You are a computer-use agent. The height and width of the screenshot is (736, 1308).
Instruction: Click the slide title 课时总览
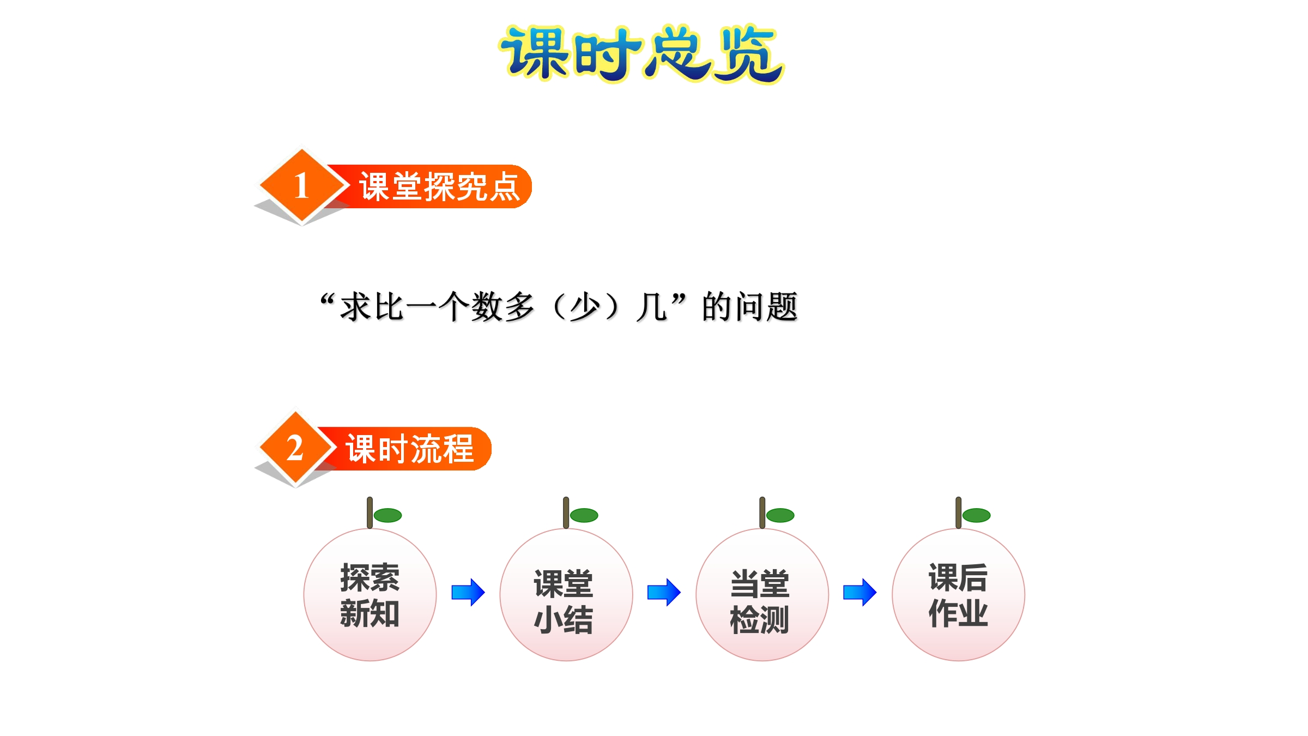[641, 53]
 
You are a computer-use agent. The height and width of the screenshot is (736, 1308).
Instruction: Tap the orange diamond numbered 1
[302, 185]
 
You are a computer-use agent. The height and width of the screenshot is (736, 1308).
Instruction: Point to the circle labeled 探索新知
[370, 595]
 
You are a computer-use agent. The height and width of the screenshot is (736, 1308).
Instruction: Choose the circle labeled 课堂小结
[566, 595]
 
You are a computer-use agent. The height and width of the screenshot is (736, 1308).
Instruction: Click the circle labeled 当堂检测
[762, 595]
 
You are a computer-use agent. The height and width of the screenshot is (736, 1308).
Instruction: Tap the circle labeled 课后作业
[959, 595]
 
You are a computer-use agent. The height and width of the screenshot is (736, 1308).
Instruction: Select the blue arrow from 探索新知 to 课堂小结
[468, 592]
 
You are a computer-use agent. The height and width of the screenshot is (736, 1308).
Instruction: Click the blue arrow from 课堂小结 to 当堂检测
[664, 592]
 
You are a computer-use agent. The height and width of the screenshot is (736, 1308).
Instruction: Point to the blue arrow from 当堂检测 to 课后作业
[860, 592]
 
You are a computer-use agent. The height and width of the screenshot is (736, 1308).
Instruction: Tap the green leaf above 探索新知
[388, 515]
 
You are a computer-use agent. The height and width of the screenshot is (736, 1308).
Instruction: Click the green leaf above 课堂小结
[584, 515]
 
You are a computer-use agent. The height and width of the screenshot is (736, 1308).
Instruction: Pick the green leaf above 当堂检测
[780, 515]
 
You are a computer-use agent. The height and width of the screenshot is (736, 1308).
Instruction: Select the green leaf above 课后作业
[977, 515]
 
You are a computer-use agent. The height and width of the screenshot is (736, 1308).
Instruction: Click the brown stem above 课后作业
[959, 512]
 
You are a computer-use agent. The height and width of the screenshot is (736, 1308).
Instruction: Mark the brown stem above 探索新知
[370, 512]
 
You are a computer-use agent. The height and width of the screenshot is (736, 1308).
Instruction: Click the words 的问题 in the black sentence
[750, 307]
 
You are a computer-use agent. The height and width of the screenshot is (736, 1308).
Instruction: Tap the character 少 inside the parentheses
[585, 307]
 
